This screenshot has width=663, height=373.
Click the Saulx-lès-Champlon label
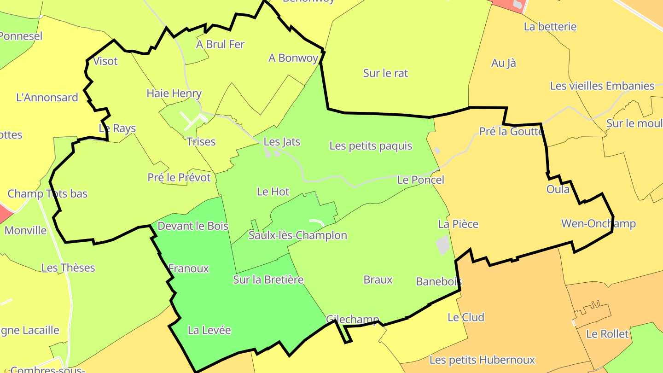(x=297, y=235)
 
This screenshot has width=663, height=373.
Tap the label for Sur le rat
(x=385, y=73)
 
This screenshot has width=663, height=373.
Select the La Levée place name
(x=209, y=330)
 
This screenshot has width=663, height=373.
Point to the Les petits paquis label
(x=371, y=146)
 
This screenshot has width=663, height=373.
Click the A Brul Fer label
(x=220, y=44)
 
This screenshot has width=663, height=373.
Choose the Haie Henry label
(x=174, y=93)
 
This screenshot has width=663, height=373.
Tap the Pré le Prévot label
(x=179, y=177)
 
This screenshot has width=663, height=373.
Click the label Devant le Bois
(x=193, y=226)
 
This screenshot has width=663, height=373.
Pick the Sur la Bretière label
(x=268, y=280)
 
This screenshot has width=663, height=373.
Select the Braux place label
(x=378, y=280)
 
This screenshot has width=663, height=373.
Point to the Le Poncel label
(x=421, y=180)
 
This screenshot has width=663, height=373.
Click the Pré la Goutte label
(x=511, y=131)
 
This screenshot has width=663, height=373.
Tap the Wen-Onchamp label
(x=598, y=224)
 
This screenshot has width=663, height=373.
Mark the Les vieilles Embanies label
(x=602, y=86)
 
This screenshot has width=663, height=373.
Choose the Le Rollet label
(x=607, y=334)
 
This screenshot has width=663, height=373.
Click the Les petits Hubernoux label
(x=482, y=360)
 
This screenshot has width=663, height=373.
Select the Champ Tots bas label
(x=47, y=193)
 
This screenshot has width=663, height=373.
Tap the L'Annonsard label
(x=47, y=97)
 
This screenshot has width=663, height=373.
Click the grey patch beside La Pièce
(x=442, y=245)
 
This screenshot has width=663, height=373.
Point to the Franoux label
(x=189, y=268)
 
